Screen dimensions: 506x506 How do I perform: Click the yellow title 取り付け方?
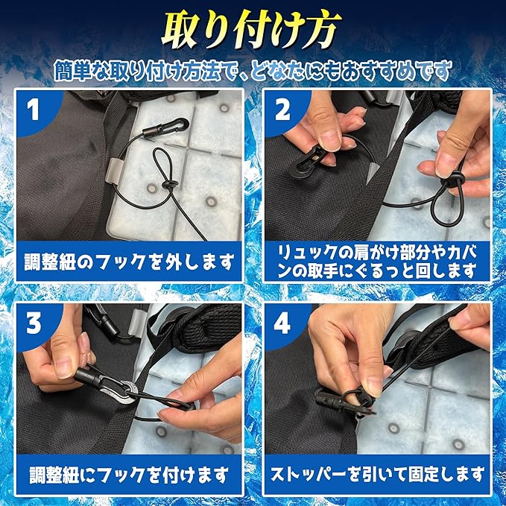[x=251, y=30]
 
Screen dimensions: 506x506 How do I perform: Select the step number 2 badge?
[x=282, y=110]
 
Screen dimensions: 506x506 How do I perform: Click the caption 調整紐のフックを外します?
[x=129, y=262]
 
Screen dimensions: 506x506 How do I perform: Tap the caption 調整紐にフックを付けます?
[x=129, y=475]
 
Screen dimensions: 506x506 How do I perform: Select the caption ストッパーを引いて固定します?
[x=378, y=475]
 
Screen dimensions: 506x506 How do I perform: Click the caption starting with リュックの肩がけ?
[x=378, y=262]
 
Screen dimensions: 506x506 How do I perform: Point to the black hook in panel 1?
[x=165, y=128]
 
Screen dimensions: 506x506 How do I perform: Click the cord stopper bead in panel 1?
[x=171, y=186]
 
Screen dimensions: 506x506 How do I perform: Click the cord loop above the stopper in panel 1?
[x=162, y=165]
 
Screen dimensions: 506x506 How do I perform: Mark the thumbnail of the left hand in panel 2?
[x=330, y=139]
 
